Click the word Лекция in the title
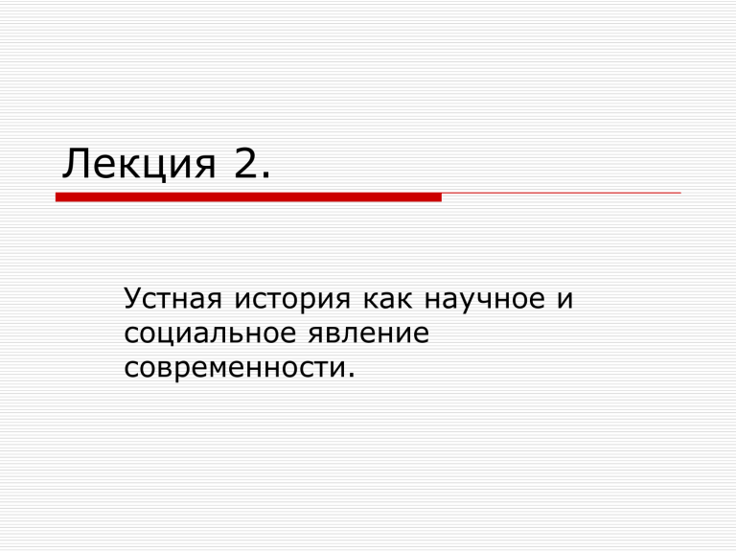139,163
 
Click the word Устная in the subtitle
172,299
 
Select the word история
292,300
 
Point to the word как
388,299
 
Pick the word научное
484,300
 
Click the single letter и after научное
565,299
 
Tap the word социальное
210,334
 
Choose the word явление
368,333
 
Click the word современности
235,368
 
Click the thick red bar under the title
248,197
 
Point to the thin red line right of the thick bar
562,193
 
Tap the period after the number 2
266,175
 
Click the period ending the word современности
351,375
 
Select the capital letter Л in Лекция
75,163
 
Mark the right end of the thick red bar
442,197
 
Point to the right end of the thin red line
681,193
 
